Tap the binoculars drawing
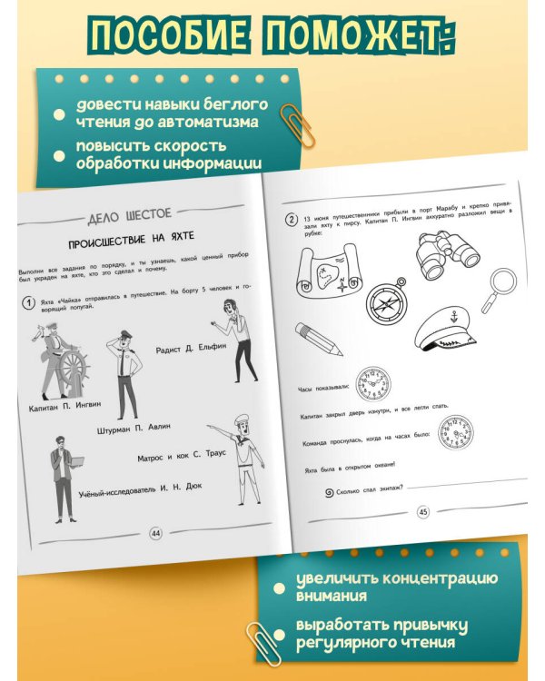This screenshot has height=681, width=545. coord(448,252)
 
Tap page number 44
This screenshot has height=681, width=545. coord(155,533)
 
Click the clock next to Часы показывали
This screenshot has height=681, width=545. coord(373,383)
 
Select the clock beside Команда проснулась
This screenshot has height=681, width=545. coord(455,433)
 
